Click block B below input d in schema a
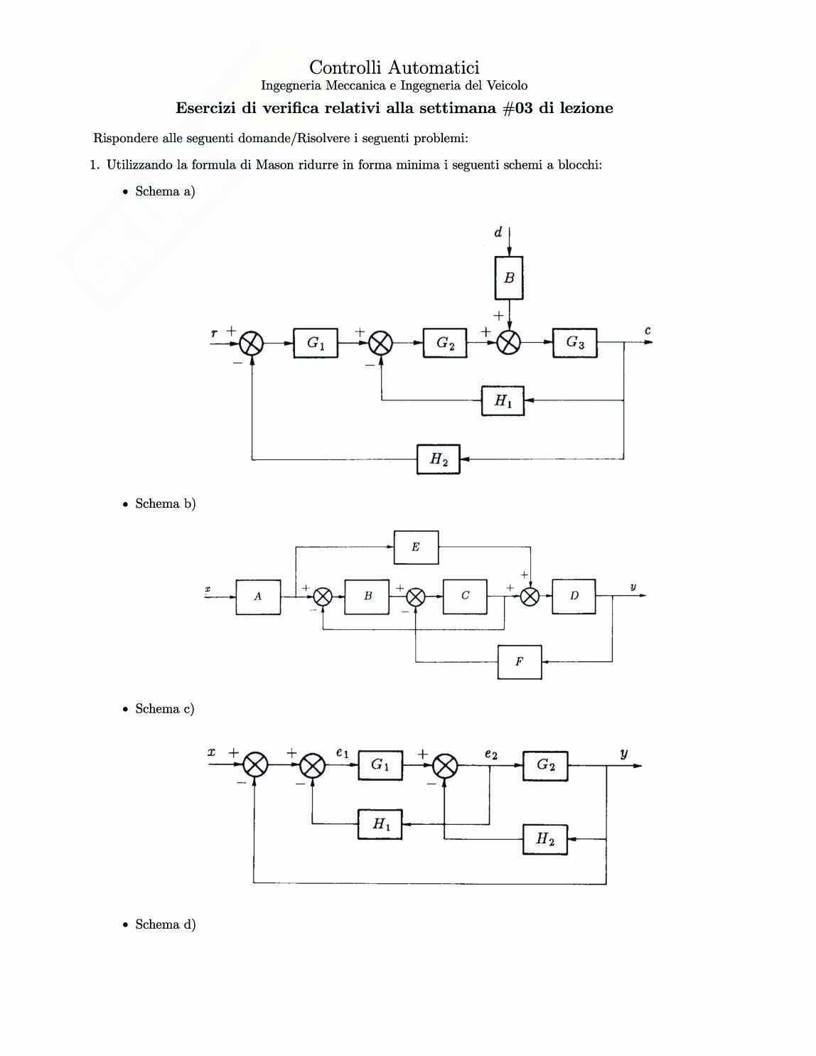click(509, 278)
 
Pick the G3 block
click(575, 343)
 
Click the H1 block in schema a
click(503, 401)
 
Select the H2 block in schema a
click(439, 459)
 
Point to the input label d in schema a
click(498, 232)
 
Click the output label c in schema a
click(648, 331)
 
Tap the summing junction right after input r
click(252, 343)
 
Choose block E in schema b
click(416, 547)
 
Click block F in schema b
click(520, 662)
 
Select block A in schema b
click(258, 597)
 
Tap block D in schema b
click(574, 596)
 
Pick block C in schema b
click(465, 596)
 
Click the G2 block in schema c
click(545, 765)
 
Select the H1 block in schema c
click(380, 824)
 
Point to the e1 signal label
click(343, 752)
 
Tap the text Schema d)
click(165, 924)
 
